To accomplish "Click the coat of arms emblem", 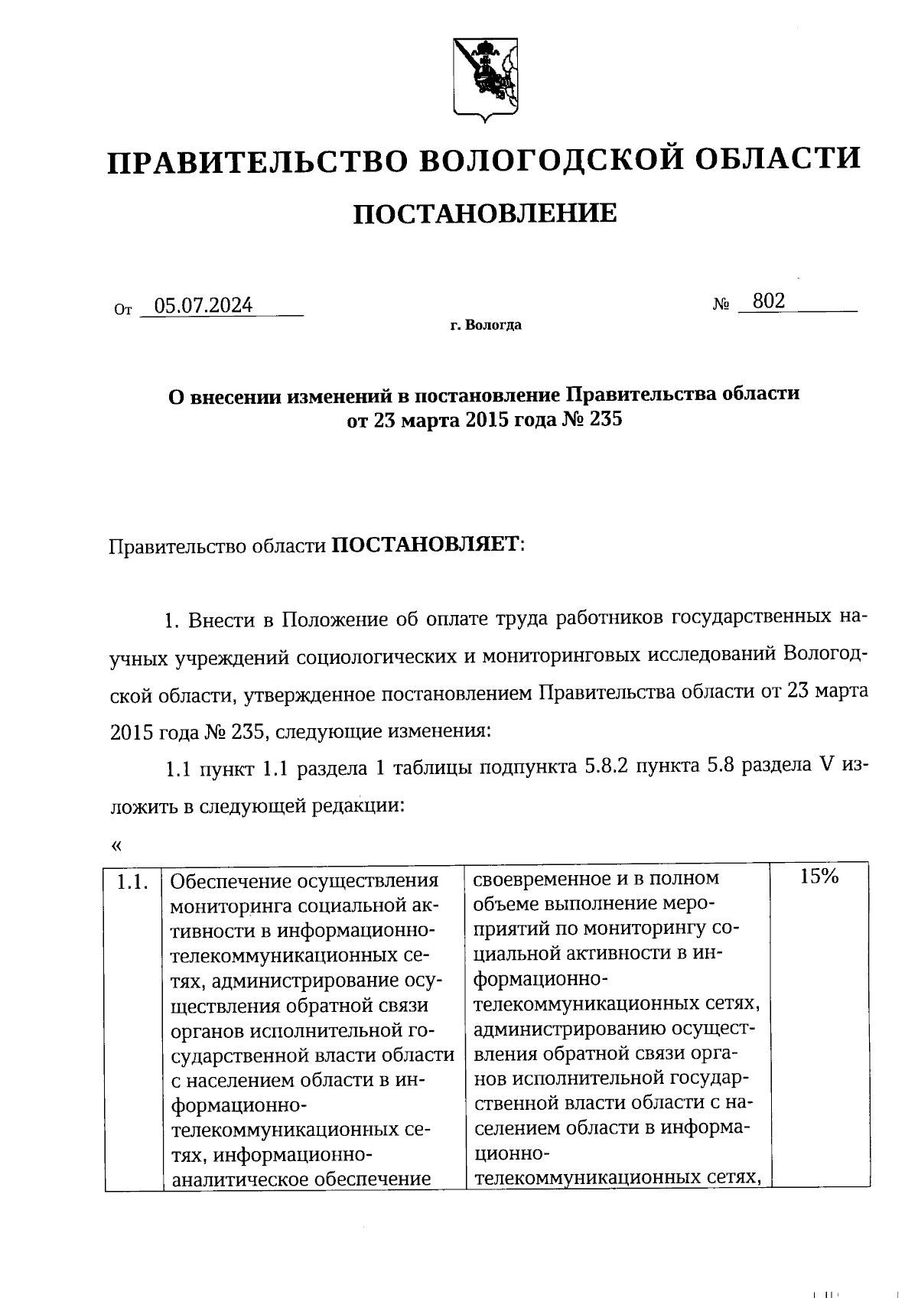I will (481, 80).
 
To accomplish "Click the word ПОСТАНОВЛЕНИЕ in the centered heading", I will (484, 213).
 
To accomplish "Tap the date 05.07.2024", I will (203, 306).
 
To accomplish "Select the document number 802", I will (768, 301).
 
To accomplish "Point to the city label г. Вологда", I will (486, 326).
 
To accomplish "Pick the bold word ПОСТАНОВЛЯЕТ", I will (424, 546).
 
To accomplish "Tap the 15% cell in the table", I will (819, 877).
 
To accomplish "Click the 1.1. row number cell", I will (132, 883).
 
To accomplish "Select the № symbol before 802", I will (721, 304).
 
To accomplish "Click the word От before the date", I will (122, 310).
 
